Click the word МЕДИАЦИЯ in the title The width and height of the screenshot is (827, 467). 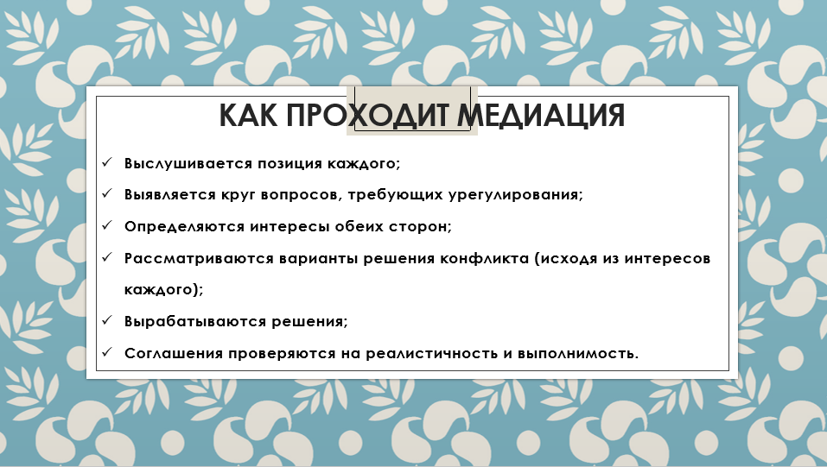(x=541, y=115)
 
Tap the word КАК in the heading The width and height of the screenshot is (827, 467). (x=248, y=115)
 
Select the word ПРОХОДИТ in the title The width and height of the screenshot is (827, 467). (x=367, y=115)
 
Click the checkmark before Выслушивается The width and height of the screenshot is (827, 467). (x=107, y=161)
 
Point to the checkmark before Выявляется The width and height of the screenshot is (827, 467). (x=107, y=193)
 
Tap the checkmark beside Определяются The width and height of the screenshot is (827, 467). (x=107, y=225)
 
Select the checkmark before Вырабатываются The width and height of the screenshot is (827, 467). (x=107, y=320)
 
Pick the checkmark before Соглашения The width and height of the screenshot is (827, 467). (x=107, y=351)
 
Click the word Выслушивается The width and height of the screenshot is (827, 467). (x=188, y=163)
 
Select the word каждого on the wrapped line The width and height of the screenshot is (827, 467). (x=161, y=290)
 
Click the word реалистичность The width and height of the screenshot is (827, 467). (x=431, y=353)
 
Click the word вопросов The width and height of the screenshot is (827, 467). (x=300, y=195)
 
